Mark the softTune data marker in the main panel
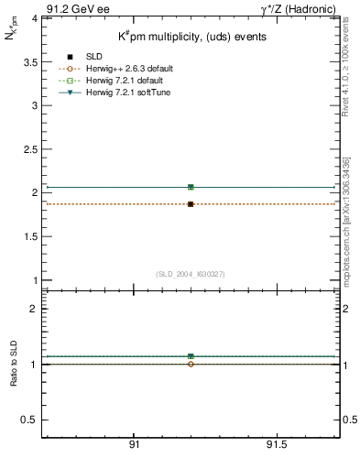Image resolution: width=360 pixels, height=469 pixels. click(191, 187)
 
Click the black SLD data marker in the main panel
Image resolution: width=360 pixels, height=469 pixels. click(191, 204)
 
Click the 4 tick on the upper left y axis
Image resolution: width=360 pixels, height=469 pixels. click(34, 17)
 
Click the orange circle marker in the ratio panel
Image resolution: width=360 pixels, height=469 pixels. click(191, 364)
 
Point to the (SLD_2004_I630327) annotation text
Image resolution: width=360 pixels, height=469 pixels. click(191, 274)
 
